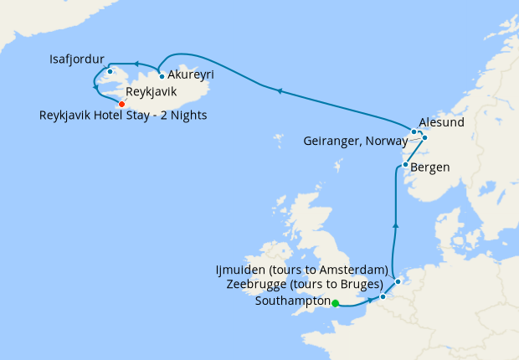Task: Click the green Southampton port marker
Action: coord(335,303)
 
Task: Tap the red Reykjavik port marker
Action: coord(121,104)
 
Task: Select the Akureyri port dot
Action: coord(161,76)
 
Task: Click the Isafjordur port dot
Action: coord(110,71)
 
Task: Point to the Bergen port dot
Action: coord(405,165)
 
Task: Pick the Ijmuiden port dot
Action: coord(398,281)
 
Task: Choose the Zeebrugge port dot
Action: coord(383,296)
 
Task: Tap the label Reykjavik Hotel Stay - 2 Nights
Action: coord(123,116)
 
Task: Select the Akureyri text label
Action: coord(192,75)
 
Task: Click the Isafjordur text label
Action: coord(77,59)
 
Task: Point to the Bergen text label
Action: coord(430,167)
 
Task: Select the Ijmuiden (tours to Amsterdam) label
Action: coord(302,270)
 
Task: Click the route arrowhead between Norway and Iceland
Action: coord(280,90)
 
